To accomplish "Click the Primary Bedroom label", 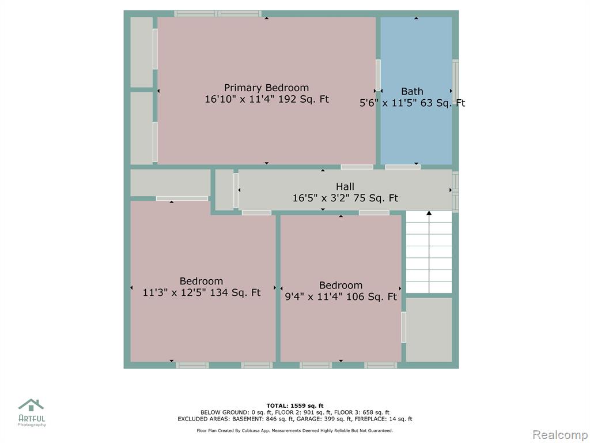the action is [x=266, y=88].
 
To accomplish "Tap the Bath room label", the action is [x=412, y=92].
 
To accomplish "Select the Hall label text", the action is [x=345, y=186].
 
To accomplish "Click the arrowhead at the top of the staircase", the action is [x=429, y=213].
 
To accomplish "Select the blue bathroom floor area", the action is [x=416, y=91].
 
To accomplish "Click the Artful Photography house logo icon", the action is [x=31, y=405].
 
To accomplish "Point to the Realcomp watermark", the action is [x=560, y=435].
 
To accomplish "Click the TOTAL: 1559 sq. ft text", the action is [x=295, y=406].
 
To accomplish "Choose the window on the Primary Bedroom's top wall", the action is [x=218, y=14].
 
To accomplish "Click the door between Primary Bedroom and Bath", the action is [x=378, y=75].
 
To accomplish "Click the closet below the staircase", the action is [x=429, y=330].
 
